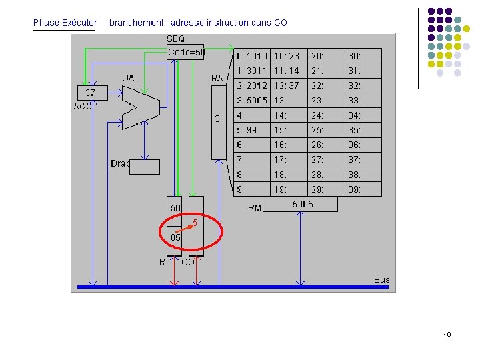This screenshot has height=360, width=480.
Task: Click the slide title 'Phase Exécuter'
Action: pyautogui.click(x=65, y=23)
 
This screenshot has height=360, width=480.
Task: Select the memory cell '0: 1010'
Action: pyautogui.click(x=252, y=56)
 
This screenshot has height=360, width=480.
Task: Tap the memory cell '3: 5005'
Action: pyautogui.click(x=252, y=100)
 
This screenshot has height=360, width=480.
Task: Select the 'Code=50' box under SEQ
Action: pyautogui.click(x=186, y=52)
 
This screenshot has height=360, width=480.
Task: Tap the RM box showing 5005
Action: pyautogui.click(x=302, y=205)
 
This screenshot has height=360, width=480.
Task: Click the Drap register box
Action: pyautogui.click(x=144, y=167)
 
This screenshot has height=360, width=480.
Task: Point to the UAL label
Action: pyautogui.click(x=131, y=78)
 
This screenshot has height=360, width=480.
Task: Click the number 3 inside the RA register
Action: pyautogui.click(x=217, y=119)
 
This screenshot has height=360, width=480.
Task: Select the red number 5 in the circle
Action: pyautogui.click(x=195, y=221)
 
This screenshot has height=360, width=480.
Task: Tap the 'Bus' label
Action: pyautogui.click(x=381, y=280)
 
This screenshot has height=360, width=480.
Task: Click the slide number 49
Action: pyautogui.click(x=447, y=334)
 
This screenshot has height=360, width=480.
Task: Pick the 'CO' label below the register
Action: pyautogui.click(x=188, y=263)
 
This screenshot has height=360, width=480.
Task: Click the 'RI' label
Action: pyautogui.click(x=163, y=263)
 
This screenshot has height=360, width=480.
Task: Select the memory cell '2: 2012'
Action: pyautogui.click(x=252, y=85)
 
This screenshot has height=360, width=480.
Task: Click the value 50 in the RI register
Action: pyautogui.click(x=175, y=209)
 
